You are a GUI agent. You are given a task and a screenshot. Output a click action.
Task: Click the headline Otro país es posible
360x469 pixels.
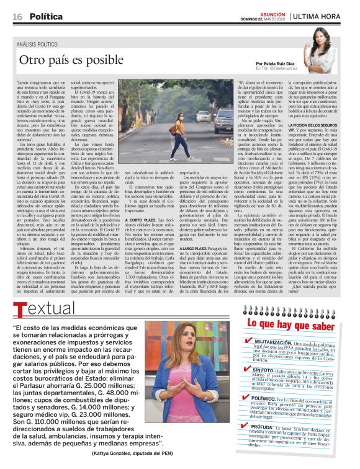tap(73, 61)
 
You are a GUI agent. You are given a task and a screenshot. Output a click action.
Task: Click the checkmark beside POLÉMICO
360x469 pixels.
tap(248, 412)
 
